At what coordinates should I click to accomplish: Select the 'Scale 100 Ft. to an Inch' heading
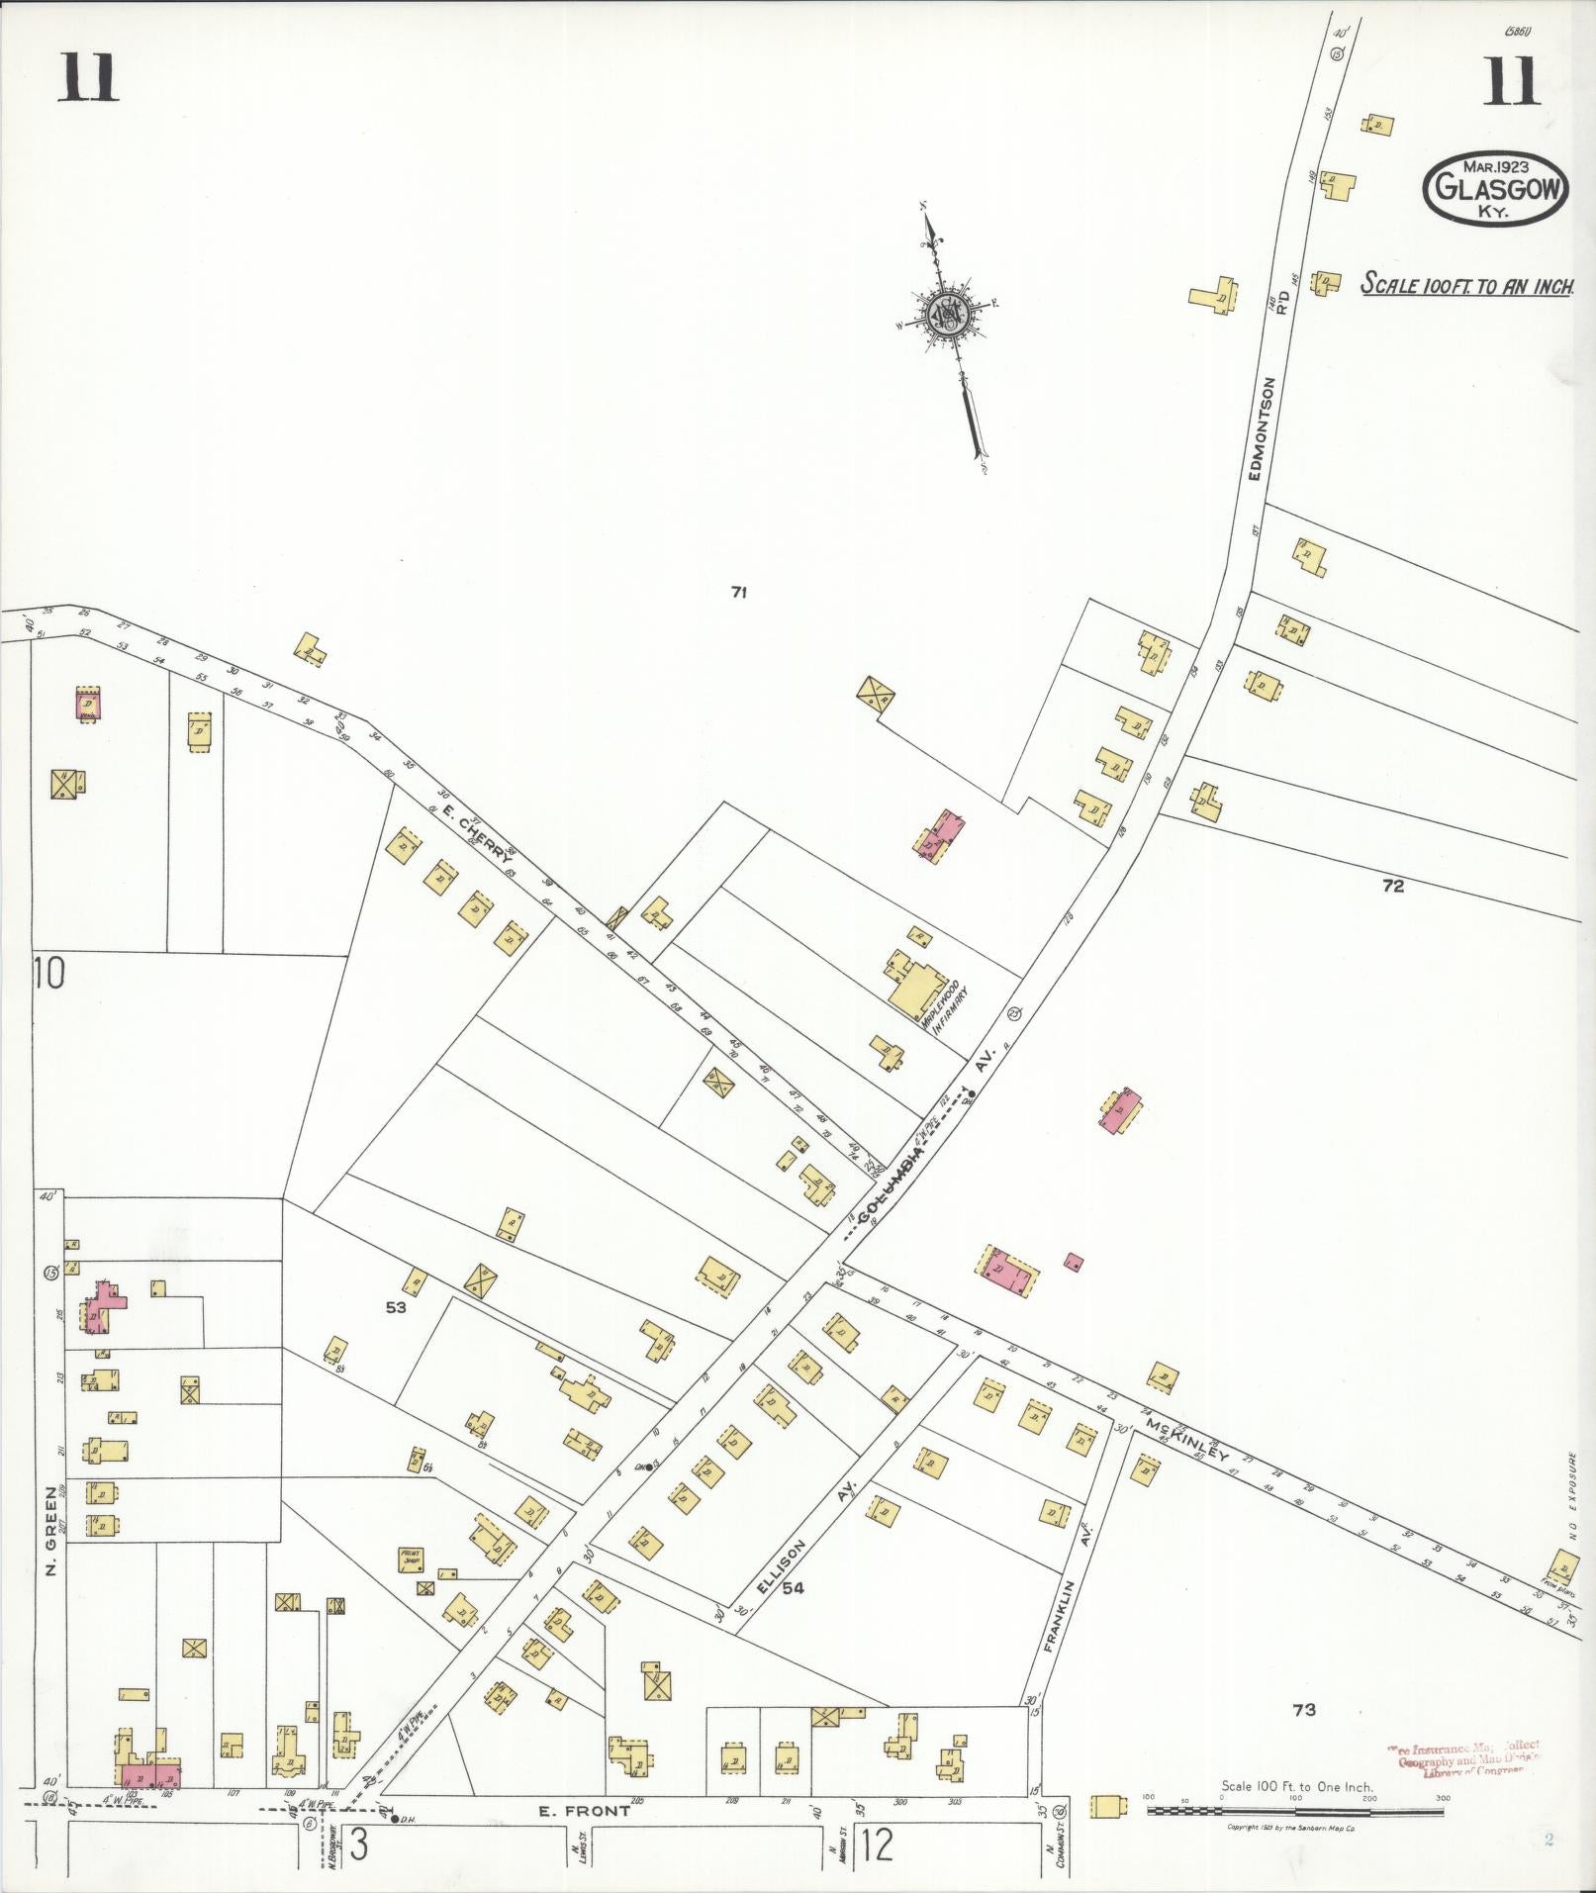[x=1466, y=285]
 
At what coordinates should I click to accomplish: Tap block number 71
[x=738, y=593]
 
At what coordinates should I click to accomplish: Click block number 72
[x=1392, y=886]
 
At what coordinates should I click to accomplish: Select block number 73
[x=1303, y=1709]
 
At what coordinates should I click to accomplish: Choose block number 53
[x=396, y=1307]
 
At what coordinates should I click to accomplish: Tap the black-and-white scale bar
[x=1295, y=1812]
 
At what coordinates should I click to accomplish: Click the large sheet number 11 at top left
[x=87, y=79]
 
